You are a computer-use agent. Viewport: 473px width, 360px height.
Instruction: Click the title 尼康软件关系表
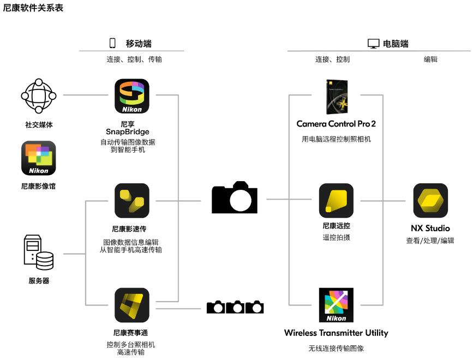(33, 8)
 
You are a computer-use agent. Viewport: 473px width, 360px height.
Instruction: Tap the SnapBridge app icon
(131, 96)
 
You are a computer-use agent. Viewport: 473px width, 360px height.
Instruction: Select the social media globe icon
(38, 96)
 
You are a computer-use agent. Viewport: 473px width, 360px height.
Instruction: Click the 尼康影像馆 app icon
(38, 158)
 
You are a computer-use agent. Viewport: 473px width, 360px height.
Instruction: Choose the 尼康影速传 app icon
(131, 201)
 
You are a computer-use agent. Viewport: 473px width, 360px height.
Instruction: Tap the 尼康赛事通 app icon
(131, 305)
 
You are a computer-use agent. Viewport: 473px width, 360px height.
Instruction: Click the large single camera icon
(235, 197)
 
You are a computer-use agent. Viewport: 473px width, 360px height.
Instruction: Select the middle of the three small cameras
(235, 307)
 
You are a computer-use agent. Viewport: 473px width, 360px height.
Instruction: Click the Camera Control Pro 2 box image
(336, 96)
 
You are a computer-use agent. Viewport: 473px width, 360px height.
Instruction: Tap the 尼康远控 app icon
(336, 201)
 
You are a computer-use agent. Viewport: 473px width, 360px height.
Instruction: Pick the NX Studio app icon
(430, 201)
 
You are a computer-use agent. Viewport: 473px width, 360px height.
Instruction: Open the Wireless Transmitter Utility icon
(336, 305)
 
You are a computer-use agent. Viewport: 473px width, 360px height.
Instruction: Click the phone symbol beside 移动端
(113, 44)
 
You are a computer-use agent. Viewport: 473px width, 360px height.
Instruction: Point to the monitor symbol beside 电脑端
(373, 44)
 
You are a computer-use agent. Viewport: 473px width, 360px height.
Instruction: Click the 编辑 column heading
(430, 59)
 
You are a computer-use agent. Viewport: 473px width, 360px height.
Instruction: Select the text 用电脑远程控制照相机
(336, 139)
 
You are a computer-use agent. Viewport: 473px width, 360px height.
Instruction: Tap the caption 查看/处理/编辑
(430, 240)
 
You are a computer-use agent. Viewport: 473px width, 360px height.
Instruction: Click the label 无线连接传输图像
(336, 347)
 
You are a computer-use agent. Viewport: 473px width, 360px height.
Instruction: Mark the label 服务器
(39, 281)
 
